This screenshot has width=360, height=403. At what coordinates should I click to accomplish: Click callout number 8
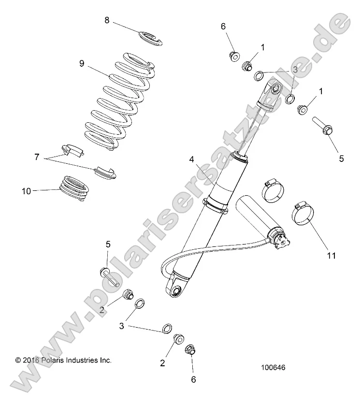pyautogui.click(x=107, y=20)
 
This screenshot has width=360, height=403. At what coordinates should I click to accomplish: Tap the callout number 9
pyautogui.click(x=82, y=62)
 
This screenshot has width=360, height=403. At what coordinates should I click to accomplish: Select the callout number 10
pyautogui.click(x=26, y=191)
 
